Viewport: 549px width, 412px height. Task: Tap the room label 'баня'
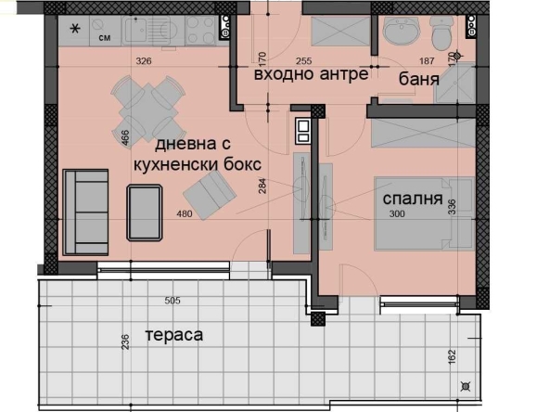coord(420,79)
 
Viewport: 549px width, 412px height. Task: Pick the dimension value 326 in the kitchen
coord(144,61)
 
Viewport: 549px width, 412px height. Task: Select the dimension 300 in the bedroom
coord(398,214)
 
